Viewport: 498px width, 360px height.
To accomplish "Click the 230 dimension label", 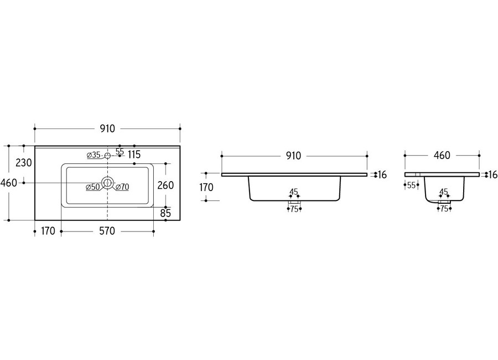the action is point(24,163).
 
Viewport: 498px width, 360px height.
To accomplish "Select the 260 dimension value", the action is point(166,185).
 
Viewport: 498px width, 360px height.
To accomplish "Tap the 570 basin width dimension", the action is point(107,231).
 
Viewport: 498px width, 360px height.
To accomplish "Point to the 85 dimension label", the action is point(165,213).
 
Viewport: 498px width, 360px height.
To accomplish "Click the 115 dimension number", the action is point(134,155).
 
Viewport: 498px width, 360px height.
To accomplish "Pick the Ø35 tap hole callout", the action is point(94,155).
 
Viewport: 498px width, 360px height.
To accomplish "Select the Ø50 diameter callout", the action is point(93,187).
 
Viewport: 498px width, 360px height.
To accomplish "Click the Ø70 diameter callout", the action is point(122,187).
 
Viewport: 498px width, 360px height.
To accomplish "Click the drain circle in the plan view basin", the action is point(107,183).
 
